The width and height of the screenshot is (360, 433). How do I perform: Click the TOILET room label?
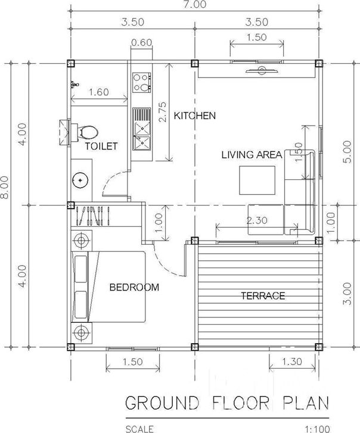click(x=101, y=146)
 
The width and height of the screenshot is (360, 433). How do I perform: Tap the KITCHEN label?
click(x=194, y=116)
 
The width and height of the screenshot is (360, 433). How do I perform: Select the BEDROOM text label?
click(x=134, y=287)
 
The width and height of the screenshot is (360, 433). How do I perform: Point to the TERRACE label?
click(x=263, y=296)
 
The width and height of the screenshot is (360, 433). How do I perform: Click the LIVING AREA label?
click(x=252, y=155)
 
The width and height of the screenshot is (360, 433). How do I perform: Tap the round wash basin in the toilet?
click(x=80, y=180)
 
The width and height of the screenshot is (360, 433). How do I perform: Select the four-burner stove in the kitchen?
click(x=142, y=82)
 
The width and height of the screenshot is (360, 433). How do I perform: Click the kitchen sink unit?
click(x=141, y=129)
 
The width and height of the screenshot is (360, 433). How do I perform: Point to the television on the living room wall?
click(x=262, y=71)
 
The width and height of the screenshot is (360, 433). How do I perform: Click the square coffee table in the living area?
click(x=257, y=180)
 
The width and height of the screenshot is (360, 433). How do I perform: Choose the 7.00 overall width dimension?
click(x=195, y=4)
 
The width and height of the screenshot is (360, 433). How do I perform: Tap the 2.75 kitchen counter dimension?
click(x=163, y=112)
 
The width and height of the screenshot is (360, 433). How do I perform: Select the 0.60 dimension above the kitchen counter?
click(x=141, y=42)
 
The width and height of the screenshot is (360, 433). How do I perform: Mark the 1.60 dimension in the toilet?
click(x=99, y=92)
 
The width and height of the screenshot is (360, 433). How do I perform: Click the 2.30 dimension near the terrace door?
click(x=257, y=220)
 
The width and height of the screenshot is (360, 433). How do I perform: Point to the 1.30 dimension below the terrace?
click(x=292, y=361)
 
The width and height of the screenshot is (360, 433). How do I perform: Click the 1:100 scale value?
click(x=318, y=429)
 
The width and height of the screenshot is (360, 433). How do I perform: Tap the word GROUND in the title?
click(x=162, y=403)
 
